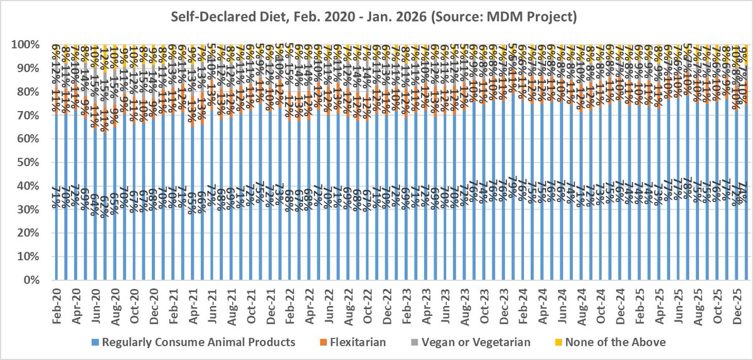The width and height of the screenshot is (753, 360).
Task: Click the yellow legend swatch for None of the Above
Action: (560, 342)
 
